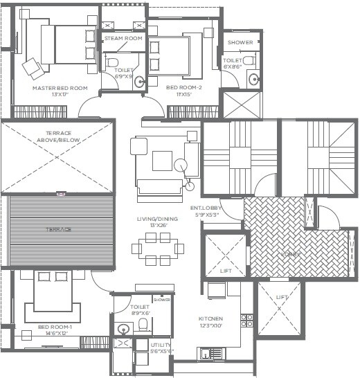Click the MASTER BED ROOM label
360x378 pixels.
pos(60,88)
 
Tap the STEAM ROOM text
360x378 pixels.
pos(123,38)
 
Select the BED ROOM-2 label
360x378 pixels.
pos(183,88)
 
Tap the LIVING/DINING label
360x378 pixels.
pos(156,219)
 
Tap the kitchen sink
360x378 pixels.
pos(206,354)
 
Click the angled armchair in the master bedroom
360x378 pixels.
pos(33,67)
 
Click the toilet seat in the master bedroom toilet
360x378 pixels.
pos(113,62)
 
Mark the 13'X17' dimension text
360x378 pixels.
pos(60,95)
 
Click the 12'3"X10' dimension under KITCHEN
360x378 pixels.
pos(211,326)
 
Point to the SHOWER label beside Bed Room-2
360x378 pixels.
pos(240,42)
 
